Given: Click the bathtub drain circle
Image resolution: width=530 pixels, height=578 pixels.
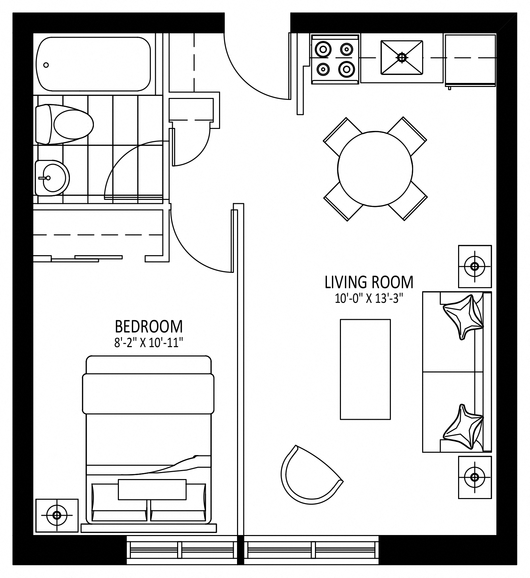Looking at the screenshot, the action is point(46,65).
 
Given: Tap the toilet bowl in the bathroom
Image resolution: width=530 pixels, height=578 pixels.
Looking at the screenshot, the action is point(73,124).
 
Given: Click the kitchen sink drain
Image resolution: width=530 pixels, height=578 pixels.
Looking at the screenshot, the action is point(402,58).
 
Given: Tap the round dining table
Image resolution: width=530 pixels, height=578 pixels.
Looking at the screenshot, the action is point(375,169).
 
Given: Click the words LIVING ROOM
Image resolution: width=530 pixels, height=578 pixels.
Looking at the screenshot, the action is point(369,282).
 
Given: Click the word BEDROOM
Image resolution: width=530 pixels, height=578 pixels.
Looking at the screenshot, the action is point(149,326).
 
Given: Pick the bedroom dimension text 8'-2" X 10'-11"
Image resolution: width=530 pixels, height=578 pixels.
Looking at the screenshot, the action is point(149,343).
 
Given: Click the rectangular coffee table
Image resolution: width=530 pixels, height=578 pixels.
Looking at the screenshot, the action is point(365,369).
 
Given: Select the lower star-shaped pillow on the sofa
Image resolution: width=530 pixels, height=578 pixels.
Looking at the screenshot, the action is point(463,427).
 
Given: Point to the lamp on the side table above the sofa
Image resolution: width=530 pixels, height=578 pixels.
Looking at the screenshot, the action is point(475,266).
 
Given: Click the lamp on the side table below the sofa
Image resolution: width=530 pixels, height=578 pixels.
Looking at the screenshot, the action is point(475,477).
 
